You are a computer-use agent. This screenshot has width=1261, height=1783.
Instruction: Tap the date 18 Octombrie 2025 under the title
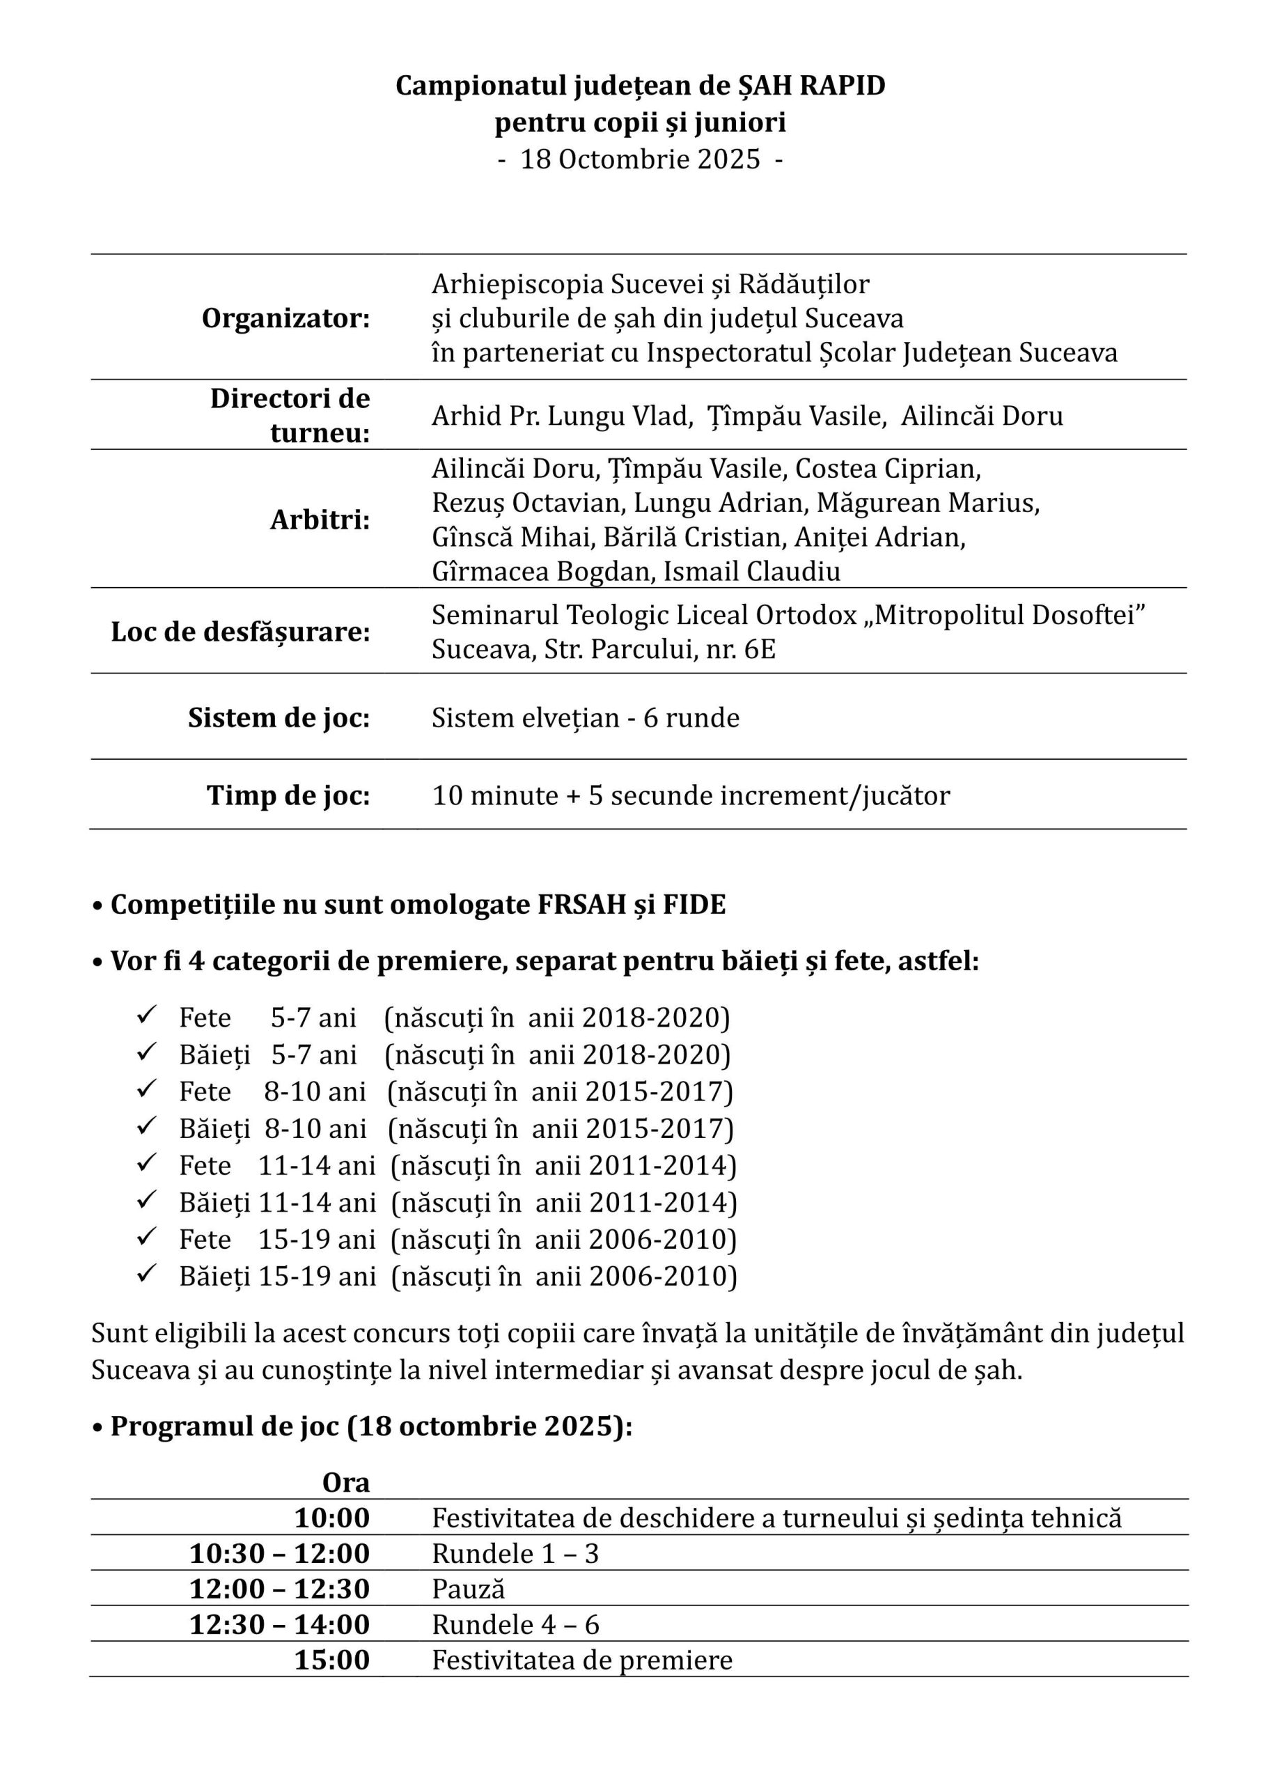(640, 159)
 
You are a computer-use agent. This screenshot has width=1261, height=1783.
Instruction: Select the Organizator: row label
(285, 318)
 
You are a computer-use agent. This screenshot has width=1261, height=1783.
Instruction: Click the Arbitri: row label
(320, 520)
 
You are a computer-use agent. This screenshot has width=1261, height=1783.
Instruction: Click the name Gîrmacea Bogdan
(540, 572)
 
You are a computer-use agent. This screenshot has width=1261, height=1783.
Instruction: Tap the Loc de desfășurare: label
(241, 631)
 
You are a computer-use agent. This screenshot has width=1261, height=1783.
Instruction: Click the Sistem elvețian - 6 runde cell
(586, 717)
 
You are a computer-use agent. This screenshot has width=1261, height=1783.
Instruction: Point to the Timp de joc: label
(288, 795)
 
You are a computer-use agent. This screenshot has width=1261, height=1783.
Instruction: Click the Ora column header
(346, 1483)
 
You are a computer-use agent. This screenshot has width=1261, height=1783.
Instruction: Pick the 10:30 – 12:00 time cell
(279, 1553)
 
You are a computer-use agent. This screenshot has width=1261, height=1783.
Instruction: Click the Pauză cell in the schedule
(468, 1589)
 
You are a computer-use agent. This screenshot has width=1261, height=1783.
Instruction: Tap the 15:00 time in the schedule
(331, 1660)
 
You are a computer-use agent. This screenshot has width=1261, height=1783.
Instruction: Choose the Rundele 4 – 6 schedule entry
(515, 1625)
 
